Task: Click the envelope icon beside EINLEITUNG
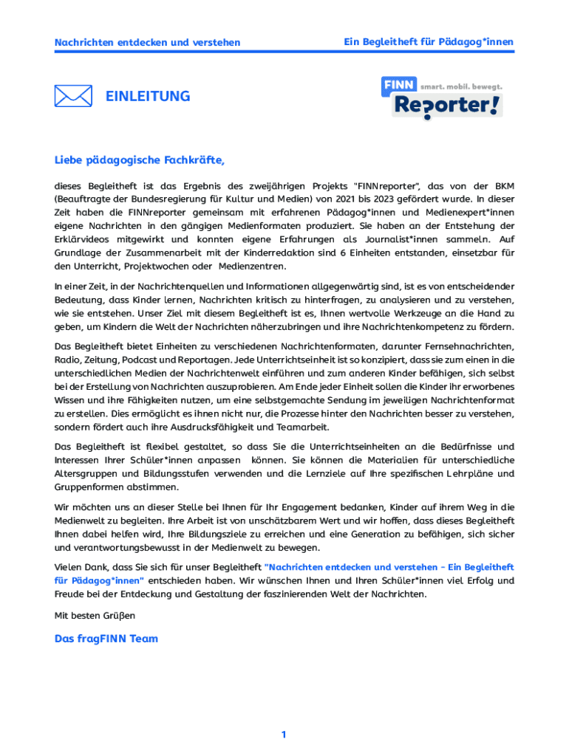[x=73, y=96]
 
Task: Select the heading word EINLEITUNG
[x=148, y=96]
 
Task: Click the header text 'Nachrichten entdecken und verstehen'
[x=147, y=43]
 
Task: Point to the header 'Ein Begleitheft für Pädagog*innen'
[x=429, y=42]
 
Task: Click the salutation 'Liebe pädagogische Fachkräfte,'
[x=139, y=159]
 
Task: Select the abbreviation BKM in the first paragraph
[x=502, y=185]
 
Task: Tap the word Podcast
[x=140, y=360]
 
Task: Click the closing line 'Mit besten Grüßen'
[x=95, y=614]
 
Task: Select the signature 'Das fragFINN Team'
[x=106, y=639]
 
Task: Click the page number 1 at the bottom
[x=284, y=735]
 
